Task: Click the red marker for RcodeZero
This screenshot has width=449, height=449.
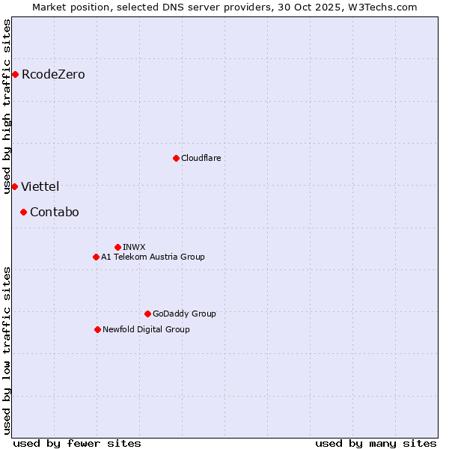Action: pos(15,74)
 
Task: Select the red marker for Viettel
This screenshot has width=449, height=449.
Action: pos(14,186)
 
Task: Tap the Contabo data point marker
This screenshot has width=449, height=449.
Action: pos(23,212)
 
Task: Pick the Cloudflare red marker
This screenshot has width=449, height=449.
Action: pos(176,158)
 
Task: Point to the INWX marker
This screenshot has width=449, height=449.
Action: pos(117,247)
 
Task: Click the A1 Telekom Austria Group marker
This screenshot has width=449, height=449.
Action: pos(96,257)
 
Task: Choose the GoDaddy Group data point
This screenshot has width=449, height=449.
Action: pos(147,314)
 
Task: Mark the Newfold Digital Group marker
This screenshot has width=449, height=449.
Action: pos(97,329)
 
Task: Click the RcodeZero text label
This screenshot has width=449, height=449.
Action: pos(53,74)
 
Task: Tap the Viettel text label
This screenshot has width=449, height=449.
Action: pos(40,186)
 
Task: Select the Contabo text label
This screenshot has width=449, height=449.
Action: pos(54,212)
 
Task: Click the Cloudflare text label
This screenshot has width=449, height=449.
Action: pos(201,158)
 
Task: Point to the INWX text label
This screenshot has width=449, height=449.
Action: pos(134,247)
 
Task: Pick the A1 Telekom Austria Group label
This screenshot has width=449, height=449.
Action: pos(153,257)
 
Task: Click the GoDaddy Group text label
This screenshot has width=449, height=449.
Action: pos(184,314)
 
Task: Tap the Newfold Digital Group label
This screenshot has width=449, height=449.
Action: pos(146,329)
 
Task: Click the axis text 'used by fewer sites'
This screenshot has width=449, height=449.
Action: pos(77,443)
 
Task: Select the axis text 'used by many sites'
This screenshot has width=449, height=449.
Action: pos(376,443)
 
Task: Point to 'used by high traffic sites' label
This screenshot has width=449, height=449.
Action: pos(7,106)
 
